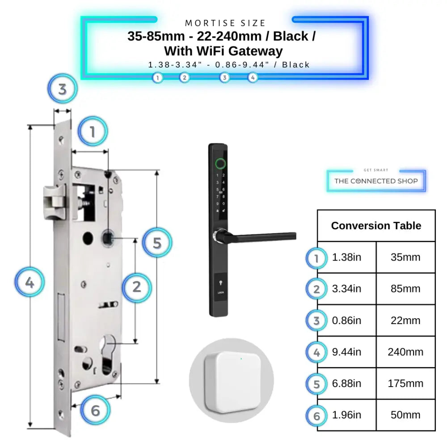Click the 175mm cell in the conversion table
pyautogui.click(x=405, y=384)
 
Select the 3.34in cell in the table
pyautogui.click(x=346, y=289)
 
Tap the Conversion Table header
pyautogui.click(x=376, y=226)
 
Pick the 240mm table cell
pyautogui.click(x=405, y=352)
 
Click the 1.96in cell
pyautogui.click(x=346, y=415)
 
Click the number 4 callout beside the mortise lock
pyautogui.click(x=30, y=283)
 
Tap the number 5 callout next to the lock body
pyautogui.click(x=156, y=243)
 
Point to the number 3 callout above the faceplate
pyautogui.click(x=63, y=89)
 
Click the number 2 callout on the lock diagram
pyautogui.click(x=137, y=286)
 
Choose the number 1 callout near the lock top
pyautogui.click(x=93, y=132)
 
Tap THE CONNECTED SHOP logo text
pyautogui.click(x=376, y=181)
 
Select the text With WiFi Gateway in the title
pyautogui.click(x=223, y=51)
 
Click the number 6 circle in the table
pyautogui.click(x=316, y=416)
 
